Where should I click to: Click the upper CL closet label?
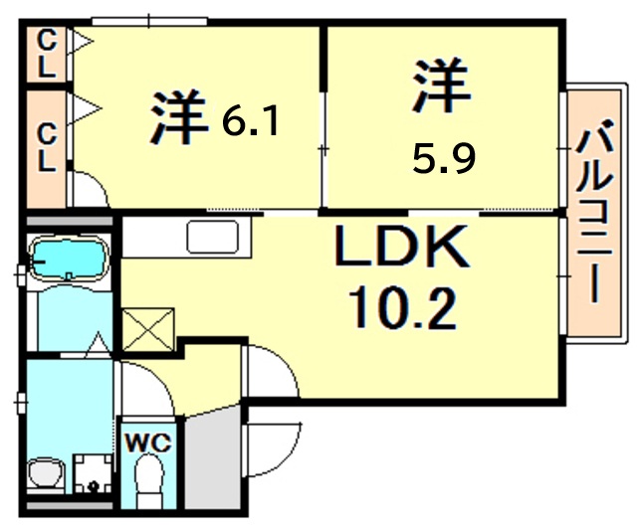click(46, 54)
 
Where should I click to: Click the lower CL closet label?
click(46, 145)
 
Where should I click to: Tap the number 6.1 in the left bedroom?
click(252, 121)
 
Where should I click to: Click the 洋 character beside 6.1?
click(178, 118)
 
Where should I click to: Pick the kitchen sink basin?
click(212, 239)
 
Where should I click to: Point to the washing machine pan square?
click(93, 474)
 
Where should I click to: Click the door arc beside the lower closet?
click(88, 189)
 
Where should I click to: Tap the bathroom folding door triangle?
click(97, 345)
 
